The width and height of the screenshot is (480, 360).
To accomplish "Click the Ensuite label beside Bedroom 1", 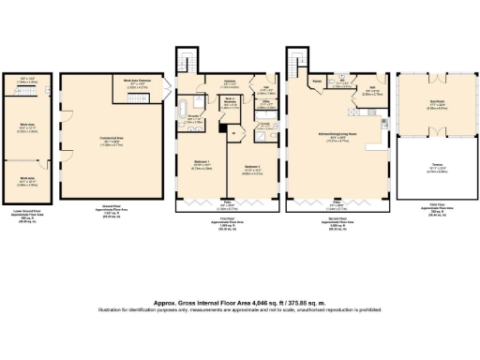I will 195,118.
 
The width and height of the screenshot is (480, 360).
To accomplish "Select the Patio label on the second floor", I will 337,200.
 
